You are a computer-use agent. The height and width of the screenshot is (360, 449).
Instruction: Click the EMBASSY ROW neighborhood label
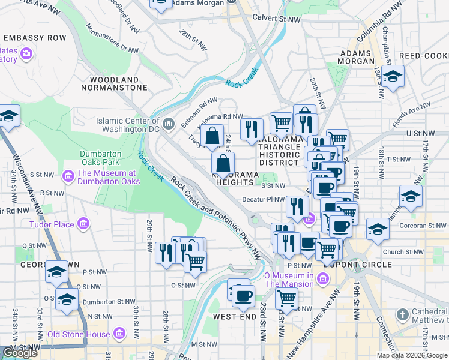point(37,38)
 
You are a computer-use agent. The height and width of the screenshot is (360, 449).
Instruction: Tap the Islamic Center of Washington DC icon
point(169,124)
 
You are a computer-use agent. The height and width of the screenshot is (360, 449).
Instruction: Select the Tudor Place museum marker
point(83,225)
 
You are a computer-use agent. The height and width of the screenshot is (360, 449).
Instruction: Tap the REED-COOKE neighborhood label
point(423,55)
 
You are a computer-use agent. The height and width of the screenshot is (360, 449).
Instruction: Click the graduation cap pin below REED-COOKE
point(393,77)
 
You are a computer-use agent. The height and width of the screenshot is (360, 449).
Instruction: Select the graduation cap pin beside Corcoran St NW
point(378,229)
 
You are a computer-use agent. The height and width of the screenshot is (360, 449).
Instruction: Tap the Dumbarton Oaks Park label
point(100,158)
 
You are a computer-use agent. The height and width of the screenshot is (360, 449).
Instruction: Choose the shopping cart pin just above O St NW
point(195,261)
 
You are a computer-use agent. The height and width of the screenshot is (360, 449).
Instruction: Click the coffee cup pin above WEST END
point(243,296)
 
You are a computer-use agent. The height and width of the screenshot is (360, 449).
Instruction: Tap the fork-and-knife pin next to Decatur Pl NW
point(297,207)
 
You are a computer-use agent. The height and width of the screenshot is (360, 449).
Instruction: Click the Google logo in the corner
point(20,353)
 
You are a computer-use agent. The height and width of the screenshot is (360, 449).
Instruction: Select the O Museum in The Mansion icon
point(324,279)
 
